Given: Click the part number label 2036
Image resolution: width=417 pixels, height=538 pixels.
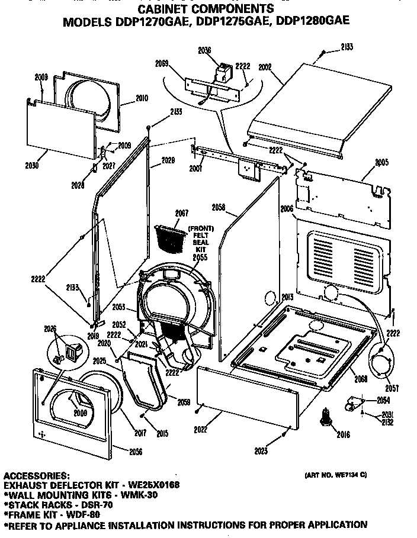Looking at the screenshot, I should (x=204, y=51).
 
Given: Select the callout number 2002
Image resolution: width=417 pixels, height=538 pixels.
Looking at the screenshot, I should (x=265, y=68).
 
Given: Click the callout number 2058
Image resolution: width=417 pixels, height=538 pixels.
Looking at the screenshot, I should (x=219, y=207).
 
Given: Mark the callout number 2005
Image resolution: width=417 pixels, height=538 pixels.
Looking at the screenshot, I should (x=381, y=161).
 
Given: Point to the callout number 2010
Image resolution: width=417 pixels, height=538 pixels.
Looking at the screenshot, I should (x=142, y=98).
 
